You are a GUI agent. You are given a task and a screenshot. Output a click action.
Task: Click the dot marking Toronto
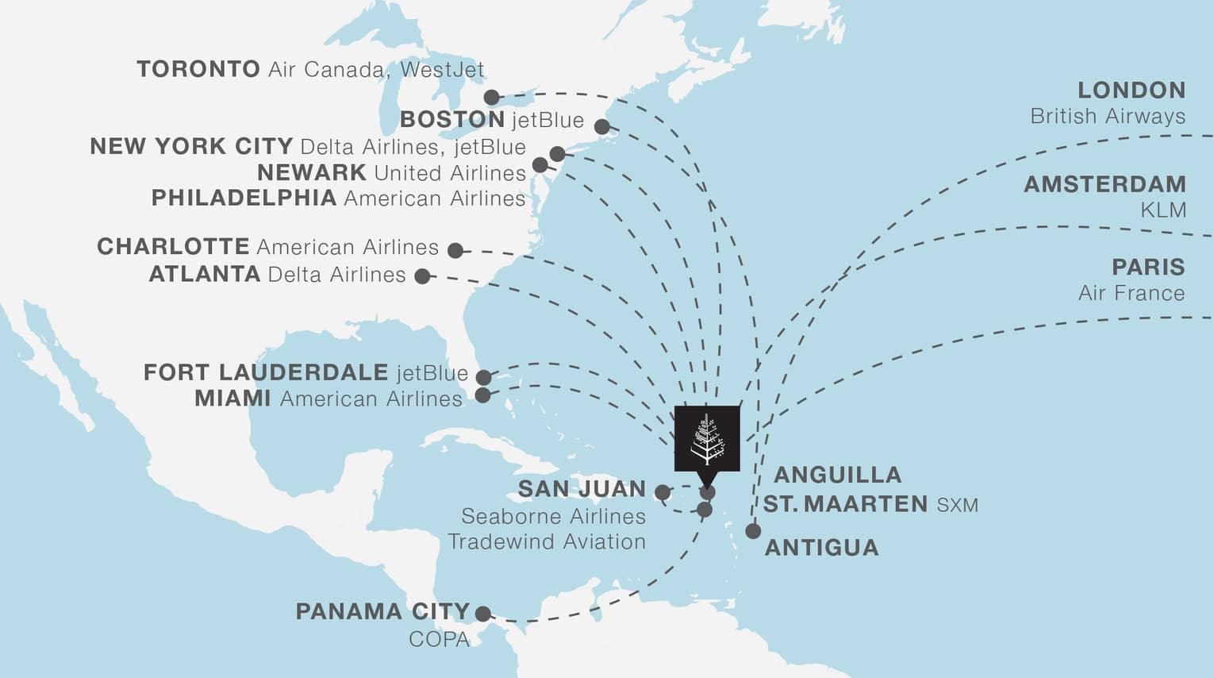tap(492, 98)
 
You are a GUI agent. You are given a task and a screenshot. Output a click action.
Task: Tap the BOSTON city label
tap(452, 120)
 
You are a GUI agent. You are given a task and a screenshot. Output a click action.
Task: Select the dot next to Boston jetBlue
tap(602, 127)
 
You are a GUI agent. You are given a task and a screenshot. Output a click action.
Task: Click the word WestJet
tap(442, 70)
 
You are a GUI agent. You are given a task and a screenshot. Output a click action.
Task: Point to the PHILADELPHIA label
tap(244, 198)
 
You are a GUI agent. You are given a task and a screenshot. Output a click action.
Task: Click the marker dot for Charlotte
tap(455, 251)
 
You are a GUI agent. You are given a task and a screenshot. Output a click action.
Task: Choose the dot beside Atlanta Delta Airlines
tap(423, 276)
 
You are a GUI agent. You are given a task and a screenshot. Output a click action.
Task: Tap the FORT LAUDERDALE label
tap(265, 372)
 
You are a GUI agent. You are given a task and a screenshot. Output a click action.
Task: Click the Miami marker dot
tap(482, 395)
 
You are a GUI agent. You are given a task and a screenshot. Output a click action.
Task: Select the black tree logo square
tap(707, 438)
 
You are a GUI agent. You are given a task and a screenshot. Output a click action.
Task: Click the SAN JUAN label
tap(582, 489)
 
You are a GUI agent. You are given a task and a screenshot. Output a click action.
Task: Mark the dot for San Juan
tap(662, 493)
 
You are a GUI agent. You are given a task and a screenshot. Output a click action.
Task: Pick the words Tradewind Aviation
tap(547, 542)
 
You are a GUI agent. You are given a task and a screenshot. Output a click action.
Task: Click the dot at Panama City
tap(482, 614)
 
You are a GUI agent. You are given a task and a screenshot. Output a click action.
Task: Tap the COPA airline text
tap(439, 639)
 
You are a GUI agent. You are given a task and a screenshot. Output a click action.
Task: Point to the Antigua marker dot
tap(753, 531)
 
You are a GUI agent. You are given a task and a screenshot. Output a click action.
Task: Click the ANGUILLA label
tap(837, 476)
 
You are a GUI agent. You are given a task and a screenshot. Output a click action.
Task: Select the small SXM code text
tap(957, 506)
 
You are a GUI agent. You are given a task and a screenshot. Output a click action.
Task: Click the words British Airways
tap(1107, 117)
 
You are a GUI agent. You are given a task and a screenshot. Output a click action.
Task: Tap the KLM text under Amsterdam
tap(1163, 210)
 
